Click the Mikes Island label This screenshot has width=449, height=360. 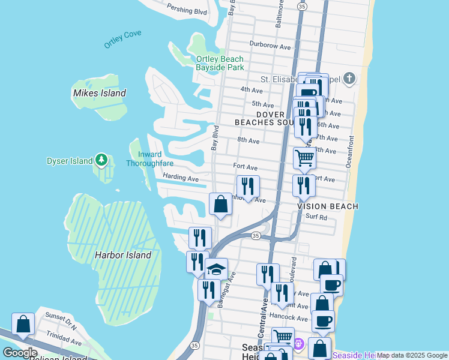(x=99, y=93)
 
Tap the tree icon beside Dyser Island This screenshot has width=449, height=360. (x=101, y=160)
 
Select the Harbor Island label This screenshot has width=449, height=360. (x=123, y=255)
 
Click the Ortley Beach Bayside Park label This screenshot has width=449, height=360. (x=220, y=63)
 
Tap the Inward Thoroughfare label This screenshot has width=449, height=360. (x=149, y=158)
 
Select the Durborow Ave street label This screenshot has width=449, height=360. (x=270, y=47)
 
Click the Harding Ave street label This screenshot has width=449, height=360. (x=180, y=178)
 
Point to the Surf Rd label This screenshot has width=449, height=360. (x=316, y=217)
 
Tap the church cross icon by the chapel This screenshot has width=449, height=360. (x=350, y=79)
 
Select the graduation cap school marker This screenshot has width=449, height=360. (x=216, y=269)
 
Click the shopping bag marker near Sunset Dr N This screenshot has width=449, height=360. (x=23, y=324)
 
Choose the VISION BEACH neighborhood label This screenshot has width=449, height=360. (x=328, y=206)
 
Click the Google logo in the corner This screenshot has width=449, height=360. (x=19, y=352)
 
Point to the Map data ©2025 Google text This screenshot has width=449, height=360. (x=412, y=355)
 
